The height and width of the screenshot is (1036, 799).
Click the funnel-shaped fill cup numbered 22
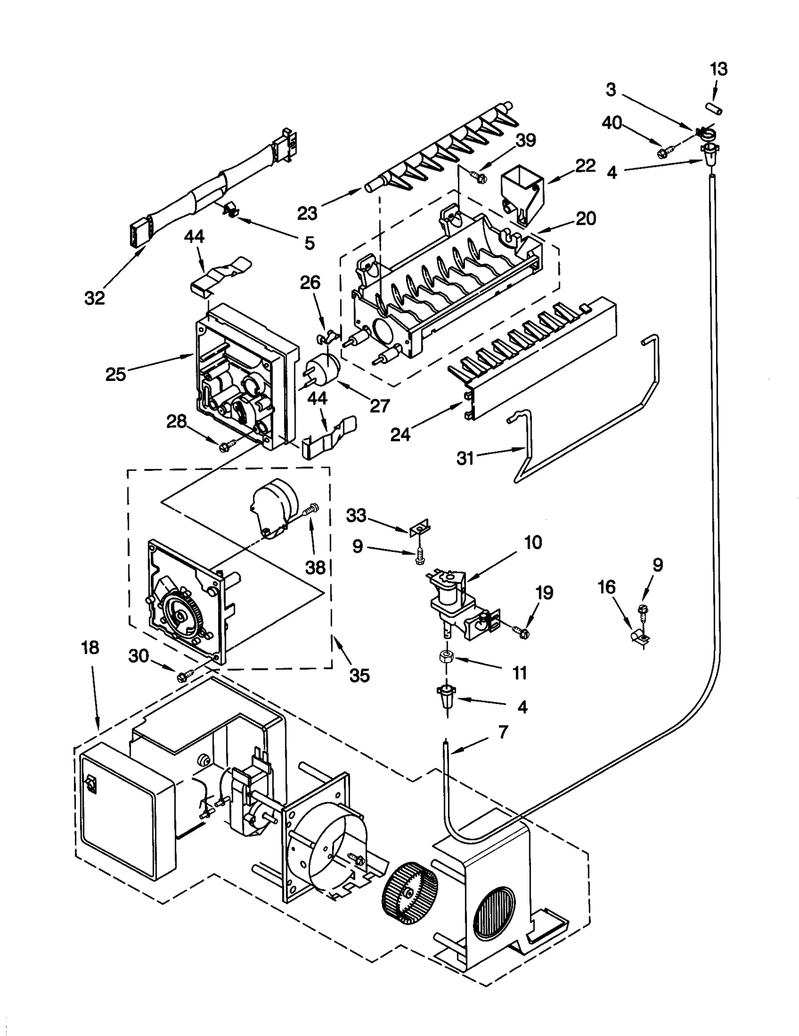[521, 192]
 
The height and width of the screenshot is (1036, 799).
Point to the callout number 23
[307, 213]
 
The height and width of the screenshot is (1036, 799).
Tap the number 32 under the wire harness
[94, 298]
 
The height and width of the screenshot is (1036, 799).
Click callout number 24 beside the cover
[400, 434]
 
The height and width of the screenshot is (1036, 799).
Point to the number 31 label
[465, 458]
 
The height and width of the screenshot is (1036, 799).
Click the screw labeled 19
[522, 633]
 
